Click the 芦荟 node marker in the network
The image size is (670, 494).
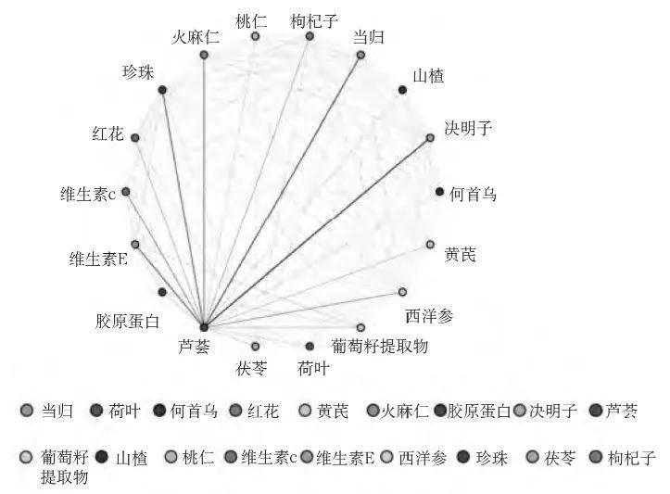[x=203, y=327]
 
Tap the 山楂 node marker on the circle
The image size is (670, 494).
[x=402, y=89]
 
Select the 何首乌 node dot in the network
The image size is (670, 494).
[x=439, y=191]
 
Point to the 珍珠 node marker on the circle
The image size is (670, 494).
[x=162, y=90]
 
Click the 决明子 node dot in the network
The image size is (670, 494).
[x=430, y=138]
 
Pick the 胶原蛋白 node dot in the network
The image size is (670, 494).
[x=162, y=292]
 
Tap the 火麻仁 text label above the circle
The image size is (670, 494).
[x=196, y=38]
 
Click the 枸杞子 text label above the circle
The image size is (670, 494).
[x=313, y=20]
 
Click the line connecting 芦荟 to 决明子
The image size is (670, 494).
[x=317, y=233]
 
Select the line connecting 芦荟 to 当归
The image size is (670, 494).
[x=282, y=191]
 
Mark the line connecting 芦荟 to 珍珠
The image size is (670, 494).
[x=183, y=209]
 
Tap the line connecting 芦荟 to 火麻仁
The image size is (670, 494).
[x=203, y=185]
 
